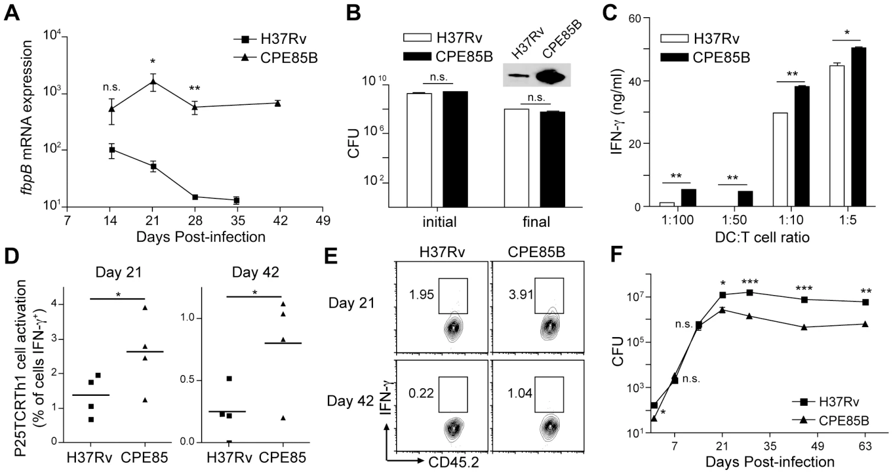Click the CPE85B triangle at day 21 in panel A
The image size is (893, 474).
pyautogui.click(x=152, y=81)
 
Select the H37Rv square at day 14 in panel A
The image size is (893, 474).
pyautogui.click(x=112, y=150)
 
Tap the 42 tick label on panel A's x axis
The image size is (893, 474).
pyautogui.click(x=280, y=220)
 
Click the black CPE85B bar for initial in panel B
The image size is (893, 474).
pyautogui.click(x=455, y=149)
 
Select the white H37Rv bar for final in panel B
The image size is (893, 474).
pyautogui.click(x=516, y=158)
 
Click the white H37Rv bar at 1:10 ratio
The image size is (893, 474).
pyautogui.click(x=780, y=160)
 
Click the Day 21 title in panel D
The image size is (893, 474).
pyautogui.click(x=119, y=272)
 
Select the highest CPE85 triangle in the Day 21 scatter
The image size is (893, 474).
pyautogui.click(x=145, y=308)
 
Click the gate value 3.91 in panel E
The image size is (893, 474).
pyautogui.click(x=521, y=294)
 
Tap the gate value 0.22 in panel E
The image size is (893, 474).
pyautogui.click(x=421, y=393)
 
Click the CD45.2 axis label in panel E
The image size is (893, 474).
pyautogui.click(x=454, y=462)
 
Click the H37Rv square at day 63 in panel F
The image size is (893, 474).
pyautogui.click(x=865, y=302)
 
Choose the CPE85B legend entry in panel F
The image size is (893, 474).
pyautogui.click(x=831, y=421)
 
